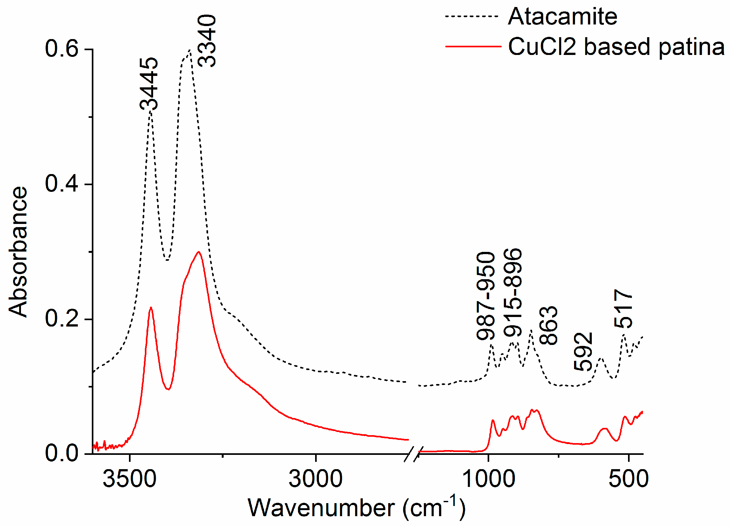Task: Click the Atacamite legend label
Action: [x=562, y=17]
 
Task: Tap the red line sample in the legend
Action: [x=473, y=47]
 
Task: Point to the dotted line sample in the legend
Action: [x=472, y=16]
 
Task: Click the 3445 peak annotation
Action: [x=149, y=84]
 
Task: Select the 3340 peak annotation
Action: [x=206, y=41]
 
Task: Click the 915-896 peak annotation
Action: [x=513, y=293]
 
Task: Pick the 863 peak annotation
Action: [x=548, y=326]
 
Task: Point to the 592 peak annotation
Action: [x=583, y=352]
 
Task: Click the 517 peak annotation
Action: [x=623, y=309]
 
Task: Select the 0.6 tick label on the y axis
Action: [x=62, y=49]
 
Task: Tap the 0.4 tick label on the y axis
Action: [x=62, y=184]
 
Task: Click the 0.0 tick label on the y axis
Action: [x=62, y=454]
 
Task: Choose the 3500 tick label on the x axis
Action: [x=129, y=479]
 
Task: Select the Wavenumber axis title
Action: [x=357, y=508]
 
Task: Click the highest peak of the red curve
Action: [x=199, y=252]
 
